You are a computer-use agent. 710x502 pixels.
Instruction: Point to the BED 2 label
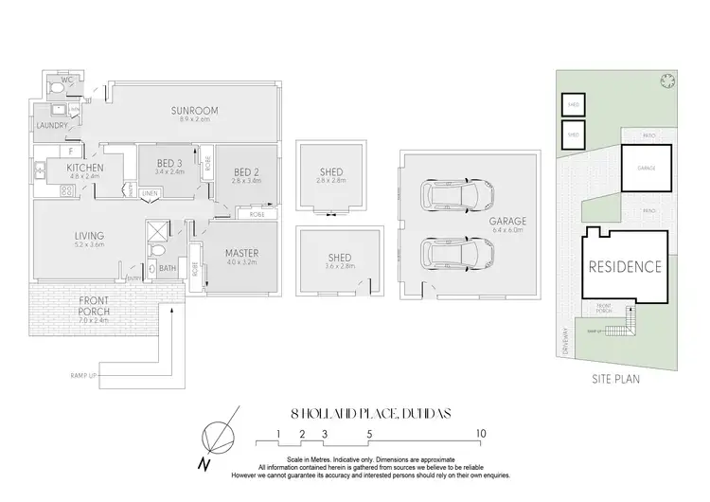(246, 171)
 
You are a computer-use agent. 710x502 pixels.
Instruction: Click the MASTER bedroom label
(242, 253)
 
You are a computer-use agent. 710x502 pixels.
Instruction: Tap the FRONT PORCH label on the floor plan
(93, 300)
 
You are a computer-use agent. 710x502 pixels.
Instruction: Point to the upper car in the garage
(457, 196)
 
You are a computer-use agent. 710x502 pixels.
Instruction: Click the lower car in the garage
(457, 253)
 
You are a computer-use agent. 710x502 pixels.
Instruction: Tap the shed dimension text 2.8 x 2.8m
(330, 181)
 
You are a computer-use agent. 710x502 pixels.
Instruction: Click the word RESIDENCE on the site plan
(626, 266)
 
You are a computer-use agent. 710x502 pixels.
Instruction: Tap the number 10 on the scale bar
(481, 433)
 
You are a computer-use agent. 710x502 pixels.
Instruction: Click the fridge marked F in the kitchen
(72, 151)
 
